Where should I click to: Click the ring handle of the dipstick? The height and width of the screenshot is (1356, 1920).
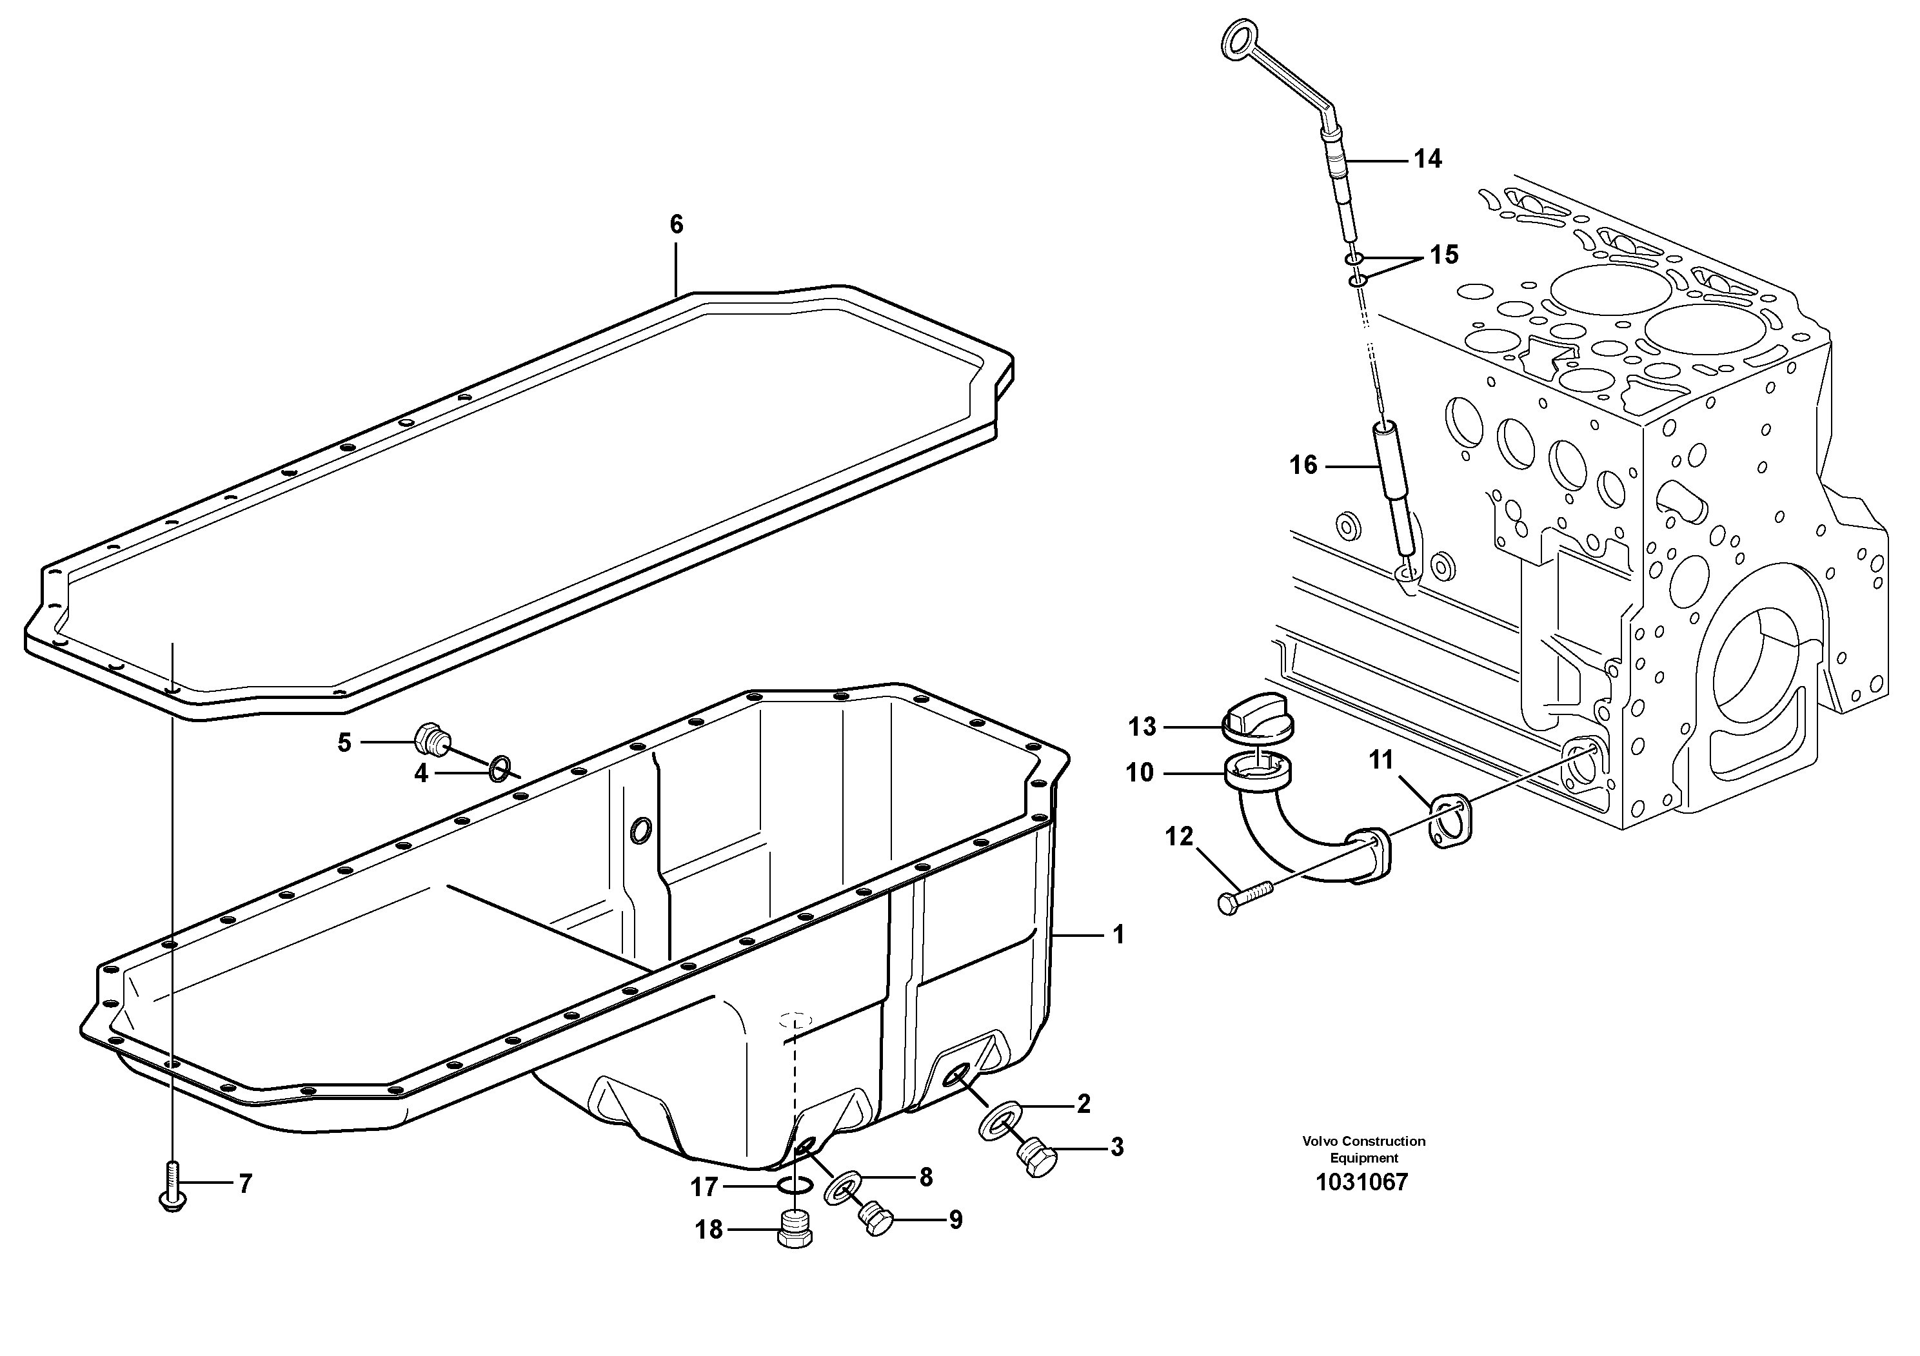click(1235, 39)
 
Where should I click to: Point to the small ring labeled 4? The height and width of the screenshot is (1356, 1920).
click(500, 767)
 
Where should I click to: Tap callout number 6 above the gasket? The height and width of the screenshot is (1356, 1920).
click(676, 224)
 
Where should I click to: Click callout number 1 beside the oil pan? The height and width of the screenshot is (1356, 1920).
click(1119, 935)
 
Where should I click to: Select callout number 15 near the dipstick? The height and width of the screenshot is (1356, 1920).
click(1443, 255)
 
